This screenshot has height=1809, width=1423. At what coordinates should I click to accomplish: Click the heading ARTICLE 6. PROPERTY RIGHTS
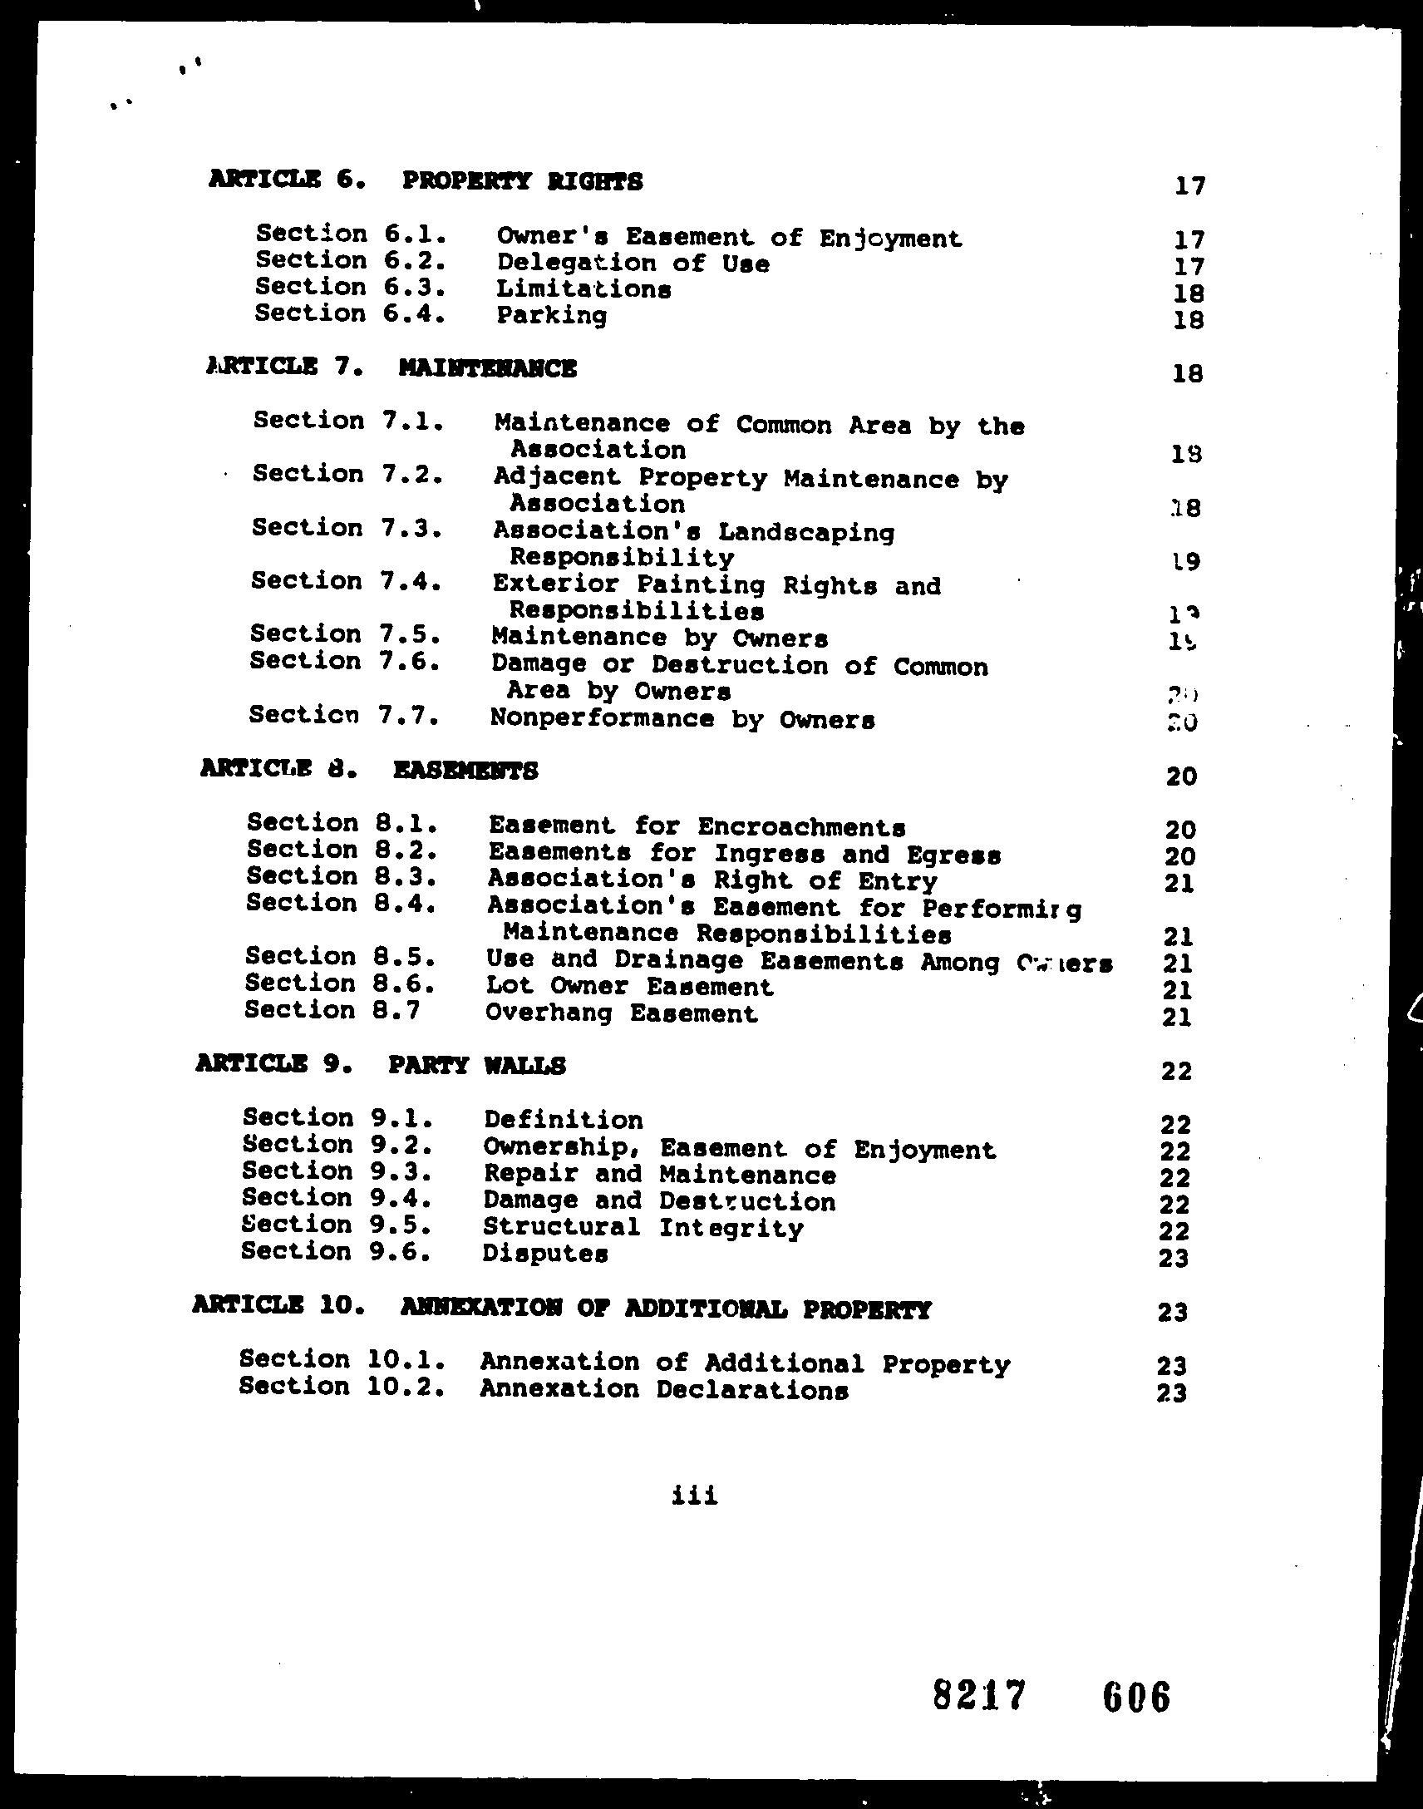pyautogui.click(x=425, y=180)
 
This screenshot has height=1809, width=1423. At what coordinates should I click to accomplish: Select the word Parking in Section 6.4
pyautogui.click(x=552, y=316)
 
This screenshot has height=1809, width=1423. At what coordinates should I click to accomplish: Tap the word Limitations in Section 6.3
pyautogui.click(x=583, y=289)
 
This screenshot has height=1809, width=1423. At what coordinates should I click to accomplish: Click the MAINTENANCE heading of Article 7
pyautogui.click(x=487, y=367)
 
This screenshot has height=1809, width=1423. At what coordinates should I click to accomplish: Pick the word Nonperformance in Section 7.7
pyautogui.click(x=602, y=718)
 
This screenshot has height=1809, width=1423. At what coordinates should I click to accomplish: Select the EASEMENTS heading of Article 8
pyautogui.click(x=465, y=770)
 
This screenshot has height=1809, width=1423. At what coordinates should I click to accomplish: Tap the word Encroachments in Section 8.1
pyautogui.click(x=801, y=826)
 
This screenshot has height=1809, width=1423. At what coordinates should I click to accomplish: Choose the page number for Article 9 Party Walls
pyautogui.click(x=1175, y=1070)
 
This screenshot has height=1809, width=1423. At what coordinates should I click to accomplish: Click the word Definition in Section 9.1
pyautogui.click(x=564, y=1119)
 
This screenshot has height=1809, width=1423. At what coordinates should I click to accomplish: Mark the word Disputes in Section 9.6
pyautogui.click(x=545, y=1253)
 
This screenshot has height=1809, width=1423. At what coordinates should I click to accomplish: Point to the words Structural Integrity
pyautogui.click(x=643, y=1227)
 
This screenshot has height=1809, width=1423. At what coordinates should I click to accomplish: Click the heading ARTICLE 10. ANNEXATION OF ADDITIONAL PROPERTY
pyautogui.click(x=561, y=1309)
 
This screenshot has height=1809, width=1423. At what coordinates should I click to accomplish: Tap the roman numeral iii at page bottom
pyautogui.click(x=694, y=1495)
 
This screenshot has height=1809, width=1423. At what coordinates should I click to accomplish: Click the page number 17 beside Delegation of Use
pyautogui.click(x=1189, y=266)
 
